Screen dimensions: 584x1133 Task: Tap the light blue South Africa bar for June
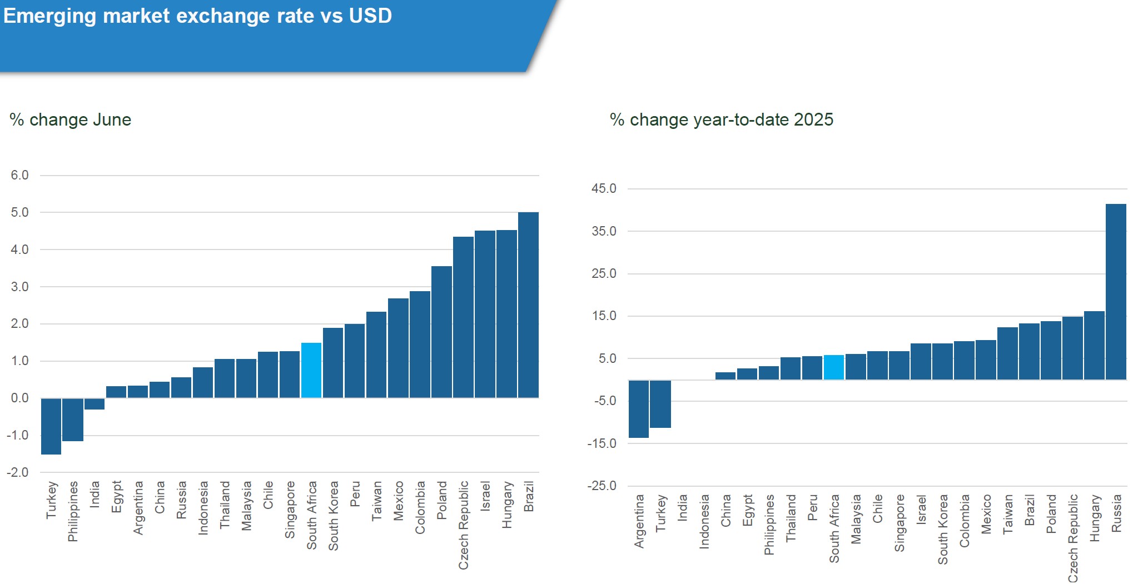point(311,370)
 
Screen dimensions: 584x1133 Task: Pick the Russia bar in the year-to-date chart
point(1116,292)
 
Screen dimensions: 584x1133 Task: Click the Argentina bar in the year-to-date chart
point(639,409)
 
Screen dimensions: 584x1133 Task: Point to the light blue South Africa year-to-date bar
point(834,367)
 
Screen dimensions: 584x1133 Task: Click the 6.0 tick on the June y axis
point(19,176)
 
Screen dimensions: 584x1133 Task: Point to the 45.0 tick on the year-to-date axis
point(604,189)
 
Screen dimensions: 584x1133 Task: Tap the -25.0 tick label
point(602,486)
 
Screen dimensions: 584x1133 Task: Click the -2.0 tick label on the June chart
point(18,473)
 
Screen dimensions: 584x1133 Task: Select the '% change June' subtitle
point(71,120)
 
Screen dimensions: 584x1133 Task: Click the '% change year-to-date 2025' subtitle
point(722,120)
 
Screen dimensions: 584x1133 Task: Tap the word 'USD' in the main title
point(370,16)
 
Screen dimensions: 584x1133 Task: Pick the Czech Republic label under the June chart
point(463,525)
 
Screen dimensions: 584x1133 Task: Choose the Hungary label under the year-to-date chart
point(1095,518)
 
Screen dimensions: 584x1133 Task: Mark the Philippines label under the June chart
point(73,511)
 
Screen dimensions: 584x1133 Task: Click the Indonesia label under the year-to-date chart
point(704,522)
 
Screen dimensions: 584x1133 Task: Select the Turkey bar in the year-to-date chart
point(660,404)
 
